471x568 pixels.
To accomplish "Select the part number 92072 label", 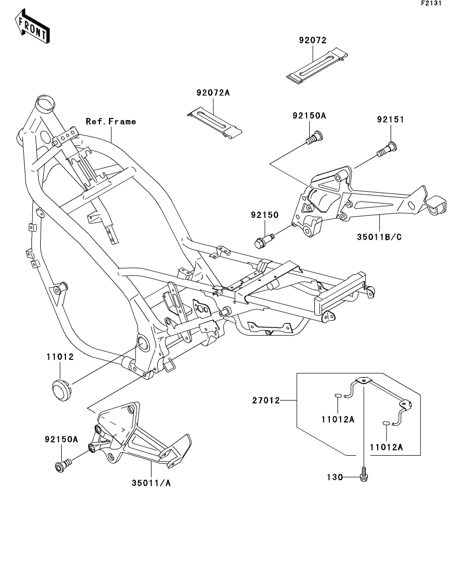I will [x=312, y=40].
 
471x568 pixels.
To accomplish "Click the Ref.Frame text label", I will [x=111, y=122].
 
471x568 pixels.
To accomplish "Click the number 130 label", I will [x=334, y=477].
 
